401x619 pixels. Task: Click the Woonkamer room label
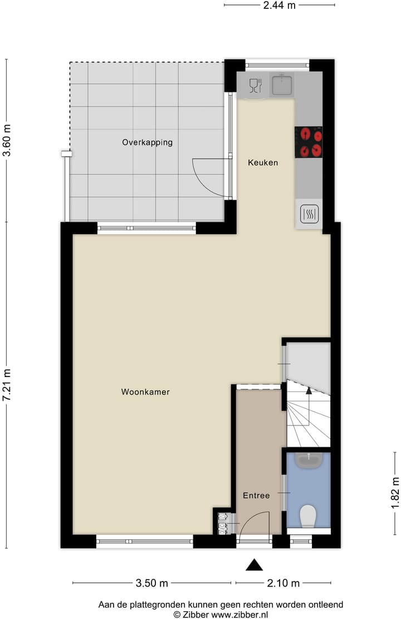tap(145, 392)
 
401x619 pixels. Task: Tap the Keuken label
tap(263, 163)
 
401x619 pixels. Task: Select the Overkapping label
tap(147, 142)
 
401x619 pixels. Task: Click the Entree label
tap(256, 495)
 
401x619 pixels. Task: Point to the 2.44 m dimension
tap(280, 5)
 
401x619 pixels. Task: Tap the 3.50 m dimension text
tap(152, 583)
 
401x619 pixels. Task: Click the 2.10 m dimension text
tap(283, 583)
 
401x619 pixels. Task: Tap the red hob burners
tap(309, 142)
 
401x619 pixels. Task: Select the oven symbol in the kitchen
tap(309, 214)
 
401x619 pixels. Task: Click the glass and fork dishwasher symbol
tap(256, 85)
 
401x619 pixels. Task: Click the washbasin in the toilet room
tap(308, 460)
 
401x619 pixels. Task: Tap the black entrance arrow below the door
tap(255, 565)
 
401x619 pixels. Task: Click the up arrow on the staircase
tap(309, 390)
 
